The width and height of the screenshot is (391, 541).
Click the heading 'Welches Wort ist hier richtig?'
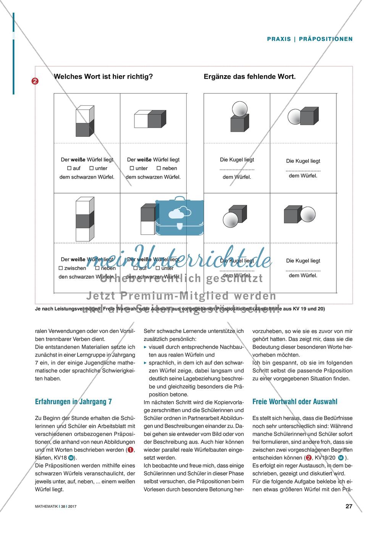click(103, 77)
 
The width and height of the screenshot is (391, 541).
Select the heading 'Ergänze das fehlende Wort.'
click(250, 77)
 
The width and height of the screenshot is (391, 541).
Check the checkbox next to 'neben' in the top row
click(159, 168)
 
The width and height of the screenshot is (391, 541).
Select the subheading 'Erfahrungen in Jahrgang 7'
click(73, 402)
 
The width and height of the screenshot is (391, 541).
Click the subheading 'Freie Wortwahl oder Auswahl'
click(295, 402)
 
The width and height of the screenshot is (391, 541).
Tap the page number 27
click(349, 506)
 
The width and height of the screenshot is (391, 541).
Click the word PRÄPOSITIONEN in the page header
click(326, 39)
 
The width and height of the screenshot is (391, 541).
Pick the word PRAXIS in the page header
click(278, 39)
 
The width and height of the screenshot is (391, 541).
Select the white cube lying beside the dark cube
click(141, 120)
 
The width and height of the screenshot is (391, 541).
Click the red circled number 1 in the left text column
click(131, 450)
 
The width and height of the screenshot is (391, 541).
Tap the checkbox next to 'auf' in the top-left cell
click(69, 168)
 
